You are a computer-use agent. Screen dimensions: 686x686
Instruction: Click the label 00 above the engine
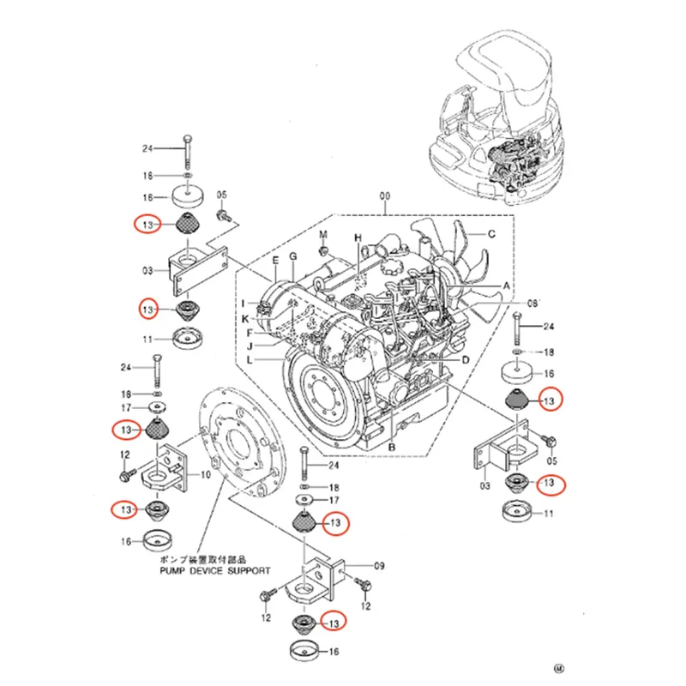pos(385,196)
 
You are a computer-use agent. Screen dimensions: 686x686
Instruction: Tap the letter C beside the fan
pos(492,234)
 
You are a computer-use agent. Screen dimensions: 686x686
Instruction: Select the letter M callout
pos(324,234)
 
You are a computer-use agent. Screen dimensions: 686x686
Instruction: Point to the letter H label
pos(359,238)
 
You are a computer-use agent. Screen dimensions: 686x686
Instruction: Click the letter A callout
pos(506,285)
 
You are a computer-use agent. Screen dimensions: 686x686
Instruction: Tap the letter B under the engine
pos(391,447)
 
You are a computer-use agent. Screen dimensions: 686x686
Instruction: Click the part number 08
pos(533,304)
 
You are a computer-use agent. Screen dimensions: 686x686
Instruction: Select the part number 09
pos(379,565)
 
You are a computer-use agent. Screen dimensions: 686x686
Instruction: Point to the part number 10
pos(206,474)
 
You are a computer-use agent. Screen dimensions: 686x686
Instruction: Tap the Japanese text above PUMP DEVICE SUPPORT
pos(219,557)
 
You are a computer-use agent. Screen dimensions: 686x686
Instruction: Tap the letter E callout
pos(276,259)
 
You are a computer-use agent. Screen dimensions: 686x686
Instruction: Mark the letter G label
pos(292,257)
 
